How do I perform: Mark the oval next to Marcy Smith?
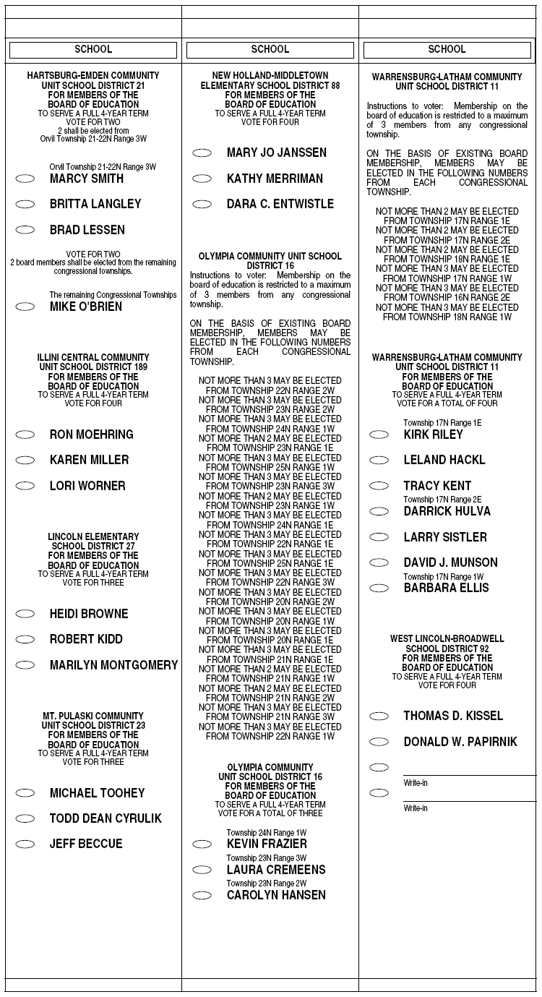(x=25, y=179)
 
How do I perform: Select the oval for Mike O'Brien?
(x=25, y=307)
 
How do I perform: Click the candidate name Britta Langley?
(x=95, y=205)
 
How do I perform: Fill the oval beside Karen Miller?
(x=25, y=460)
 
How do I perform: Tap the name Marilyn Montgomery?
(x=113, y=665)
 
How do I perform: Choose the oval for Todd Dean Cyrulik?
(x=25, y=818)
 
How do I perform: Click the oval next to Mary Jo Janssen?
(x=202, y=153)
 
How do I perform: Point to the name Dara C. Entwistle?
(x=280, y=205)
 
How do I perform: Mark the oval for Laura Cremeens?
(x=202, y=870)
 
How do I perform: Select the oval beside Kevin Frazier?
(x=202, y=844)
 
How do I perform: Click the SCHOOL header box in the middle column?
(x=270, y=50)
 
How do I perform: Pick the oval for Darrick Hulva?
(x=379, y=511)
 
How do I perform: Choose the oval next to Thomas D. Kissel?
(x=379, y=716)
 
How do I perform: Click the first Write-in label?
(x=416, y=782)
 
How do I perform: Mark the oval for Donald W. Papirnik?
(x=379, y=742)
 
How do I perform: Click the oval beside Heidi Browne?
(x=25, y=614)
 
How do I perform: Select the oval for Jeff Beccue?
(x=25, y=844)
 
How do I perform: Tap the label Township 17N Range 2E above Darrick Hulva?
(x=442, y=500)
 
